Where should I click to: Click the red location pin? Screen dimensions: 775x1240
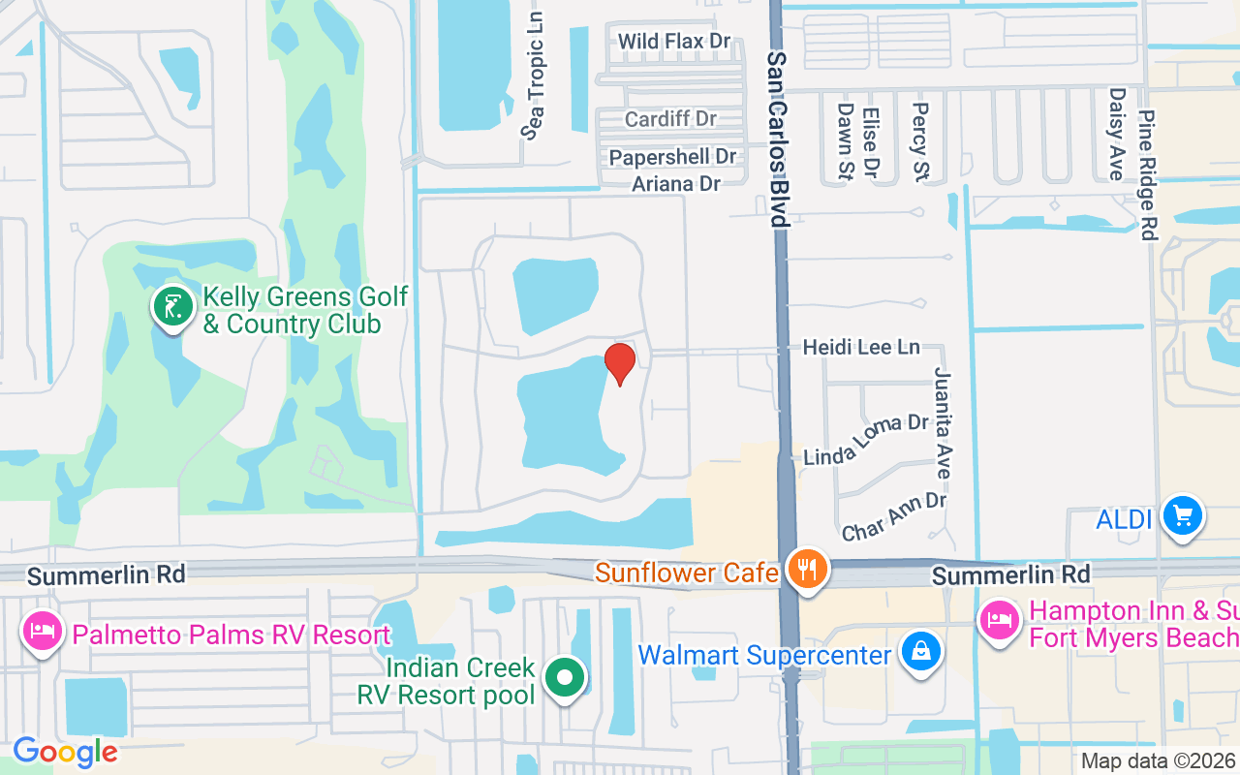click(620, 363)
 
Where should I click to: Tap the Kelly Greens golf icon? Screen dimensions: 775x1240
click(172, 308)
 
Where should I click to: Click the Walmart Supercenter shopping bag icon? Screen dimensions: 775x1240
click(917, 652)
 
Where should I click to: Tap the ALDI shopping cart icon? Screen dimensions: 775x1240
click(1182, 515)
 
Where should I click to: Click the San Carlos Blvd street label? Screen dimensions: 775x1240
click(777, 139)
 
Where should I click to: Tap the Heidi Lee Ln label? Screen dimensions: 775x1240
click(861, 347)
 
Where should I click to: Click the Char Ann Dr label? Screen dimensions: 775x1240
click(893, 516)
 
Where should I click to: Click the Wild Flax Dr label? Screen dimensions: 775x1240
click(674, 42)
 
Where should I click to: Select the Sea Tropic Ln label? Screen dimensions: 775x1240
click(534, 76)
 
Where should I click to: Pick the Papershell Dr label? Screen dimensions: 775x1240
click(672, 157)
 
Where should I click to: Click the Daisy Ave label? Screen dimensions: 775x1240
click(1117, 134)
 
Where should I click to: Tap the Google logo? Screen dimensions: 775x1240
click(65, 752)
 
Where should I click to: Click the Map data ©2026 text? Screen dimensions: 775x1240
click(1158, 761)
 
